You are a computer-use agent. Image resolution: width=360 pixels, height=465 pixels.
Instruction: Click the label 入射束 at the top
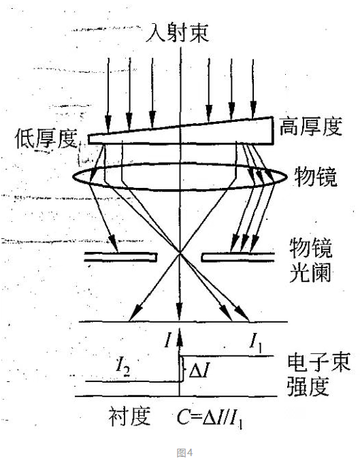(x=178, y=33)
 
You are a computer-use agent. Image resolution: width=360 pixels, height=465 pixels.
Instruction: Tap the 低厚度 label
(x=46, y=138)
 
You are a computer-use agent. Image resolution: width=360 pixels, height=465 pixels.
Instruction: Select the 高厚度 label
(x=310, y=127)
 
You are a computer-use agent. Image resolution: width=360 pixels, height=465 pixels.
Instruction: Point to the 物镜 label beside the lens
(x=316, y=177)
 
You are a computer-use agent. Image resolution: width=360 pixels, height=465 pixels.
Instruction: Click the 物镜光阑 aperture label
(x=310, y=260)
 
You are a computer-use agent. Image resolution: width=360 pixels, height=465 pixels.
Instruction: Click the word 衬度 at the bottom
(x=129, y=416)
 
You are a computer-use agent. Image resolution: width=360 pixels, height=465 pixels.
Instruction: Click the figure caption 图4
(x=184, y=453)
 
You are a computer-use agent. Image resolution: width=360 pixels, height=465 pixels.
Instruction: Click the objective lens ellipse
(x=180, y=163)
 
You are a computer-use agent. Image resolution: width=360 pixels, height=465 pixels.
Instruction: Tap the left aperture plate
(x=120, y=257)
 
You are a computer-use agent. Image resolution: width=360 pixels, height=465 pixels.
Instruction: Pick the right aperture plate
(x=238, y=257)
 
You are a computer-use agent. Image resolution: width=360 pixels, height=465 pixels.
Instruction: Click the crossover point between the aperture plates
(x=180, y=253)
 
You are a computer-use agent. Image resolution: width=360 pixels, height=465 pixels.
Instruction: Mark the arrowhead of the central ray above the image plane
(x=179, y=311)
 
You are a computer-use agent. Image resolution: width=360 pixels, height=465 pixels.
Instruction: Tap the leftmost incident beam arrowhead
(x=108, y=123)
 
